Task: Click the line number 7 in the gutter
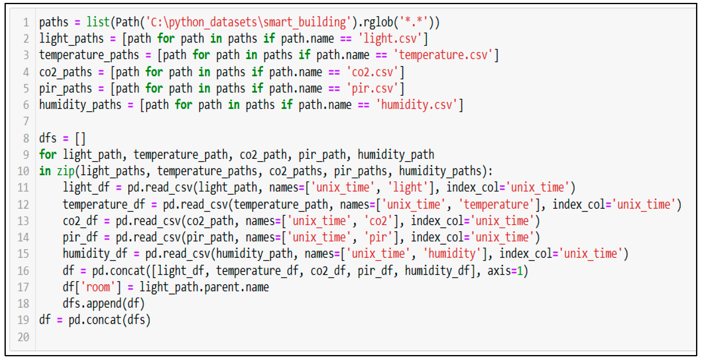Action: click(x=26, y=121)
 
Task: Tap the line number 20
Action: click(x=24, y=337)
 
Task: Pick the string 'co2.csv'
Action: click(x=372, y=72)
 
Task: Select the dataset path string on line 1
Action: click(x=248, y=22)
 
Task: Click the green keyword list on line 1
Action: click(x=98, y=22)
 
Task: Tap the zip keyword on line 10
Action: click(x=66, y=171)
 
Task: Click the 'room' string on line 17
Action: click(x=98, y=287)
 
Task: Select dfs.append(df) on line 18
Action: click(x=104, y=304)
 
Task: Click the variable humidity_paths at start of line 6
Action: click(x=80, y=105)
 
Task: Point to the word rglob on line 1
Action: click(x=378, y=22)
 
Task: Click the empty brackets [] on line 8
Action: click(x=80, y=138)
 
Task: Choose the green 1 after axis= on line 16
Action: click(x=520, y=271)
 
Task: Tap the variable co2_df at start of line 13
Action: click(x=80, y=221)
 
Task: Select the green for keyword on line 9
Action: click(x=48, y=154)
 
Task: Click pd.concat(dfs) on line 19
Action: click(x=109, y=320)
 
